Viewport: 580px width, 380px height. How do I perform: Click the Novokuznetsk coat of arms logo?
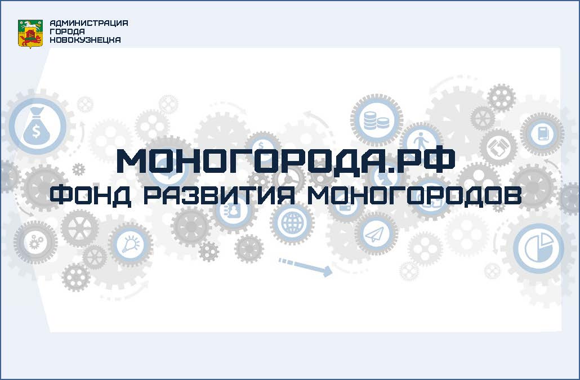pyautogui.click(x=30, y=34)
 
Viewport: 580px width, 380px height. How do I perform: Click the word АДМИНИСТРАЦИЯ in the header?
pyautogui.click(x=89, y=23)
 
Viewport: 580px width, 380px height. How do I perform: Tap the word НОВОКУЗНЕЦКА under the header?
pyautogui.click(x=85, y=40)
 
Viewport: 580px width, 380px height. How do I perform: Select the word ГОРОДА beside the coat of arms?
pyautogui.click(x=67, y=32)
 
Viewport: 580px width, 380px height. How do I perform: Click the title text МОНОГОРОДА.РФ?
pyautogui.click(x=285, y=161)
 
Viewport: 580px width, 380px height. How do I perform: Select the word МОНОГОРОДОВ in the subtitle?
pyautogui.click(x=414, y=195)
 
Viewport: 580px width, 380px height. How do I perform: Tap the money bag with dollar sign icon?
pyautogui.click(x=37, y=126)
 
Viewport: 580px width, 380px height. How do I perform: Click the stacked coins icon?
pyautogui.click(x=377, y=120)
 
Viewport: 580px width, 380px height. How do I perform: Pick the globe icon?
pyautogui.click(x=292, y=223)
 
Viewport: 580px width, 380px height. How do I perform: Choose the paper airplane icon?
pyautogui.click(x=375, y=234)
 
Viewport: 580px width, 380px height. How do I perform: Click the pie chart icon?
pyautogui.click(x=538, y=248)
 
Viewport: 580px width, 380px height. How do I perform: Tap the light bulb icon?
pyautogui.click(x=131, y=244)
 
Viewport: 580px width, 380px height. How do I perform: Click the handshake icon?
pyautogui.click(x=498, y=147)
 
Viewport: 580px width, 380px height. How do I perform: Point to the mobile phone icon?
pyautogui.click(x=542, y=134)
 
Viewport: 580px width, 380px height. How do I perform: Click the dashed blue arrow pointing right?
pyautogui.click(x=305, y=266)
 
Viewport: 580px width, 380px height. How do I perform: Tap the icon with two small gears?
pyautogui.click(x=35, y=243)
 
